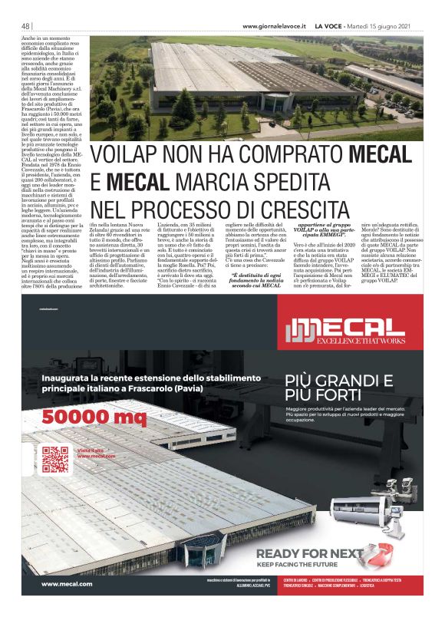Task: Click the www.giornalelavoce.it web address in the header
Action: (x=274, y=26)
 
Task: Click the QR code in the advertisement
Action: (x=56, y=458)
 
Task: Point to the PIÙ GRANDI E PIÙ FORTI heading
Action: (x=338, y=387)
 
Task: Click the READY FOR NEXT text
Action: (x=320, y=554)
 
